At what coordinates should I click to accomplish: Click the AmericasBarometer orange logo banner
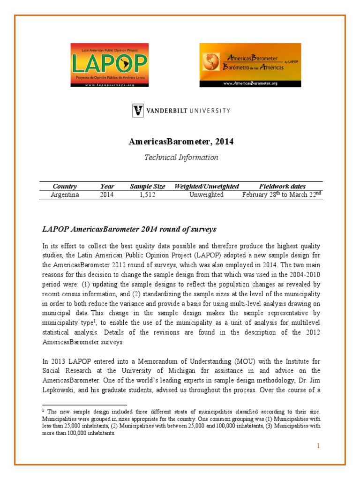pyautogui.click(x=250, y=65)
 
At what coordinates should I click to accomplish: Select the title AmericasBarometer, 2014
pyautogui.click(x=180, y=141)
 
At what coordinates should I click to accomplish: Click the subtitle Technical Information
pyautogui.click(x=180, y=157)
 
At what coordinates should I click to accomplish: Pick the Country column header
pyautogui.click(x=65, y=186)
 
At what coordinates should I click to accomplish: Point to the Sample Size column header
pyautogui.click(x=147, y=186)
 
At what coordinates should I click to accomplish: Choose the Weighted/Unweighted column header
pyautogui.click(x=206, y=186)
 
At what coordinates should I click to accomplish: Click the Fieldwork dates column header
pyautogui.click(x=282, y=186)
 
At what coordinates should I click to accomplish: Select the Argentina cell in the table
pyautogui.click(x=65, y=195)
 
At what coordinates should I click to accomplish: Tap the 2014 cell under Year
pyautogui.click(x=107, y=195)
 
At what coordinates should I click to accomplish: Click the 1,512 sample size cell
pyautogui.click(x=147, y=195)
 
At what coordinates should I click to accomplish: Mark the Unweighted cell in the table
pyautogui.click(x=206, y=195)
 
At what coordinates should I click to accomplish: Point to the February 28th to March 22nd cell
pyautogui.click(x=282, y=194)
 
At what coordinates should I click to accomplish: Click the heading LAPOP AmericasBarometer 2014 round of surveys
pyautogui.click(x=129, y=229)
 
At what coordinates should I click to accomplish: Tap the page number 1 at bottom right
pyautogui.click(x=318, y=446)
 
